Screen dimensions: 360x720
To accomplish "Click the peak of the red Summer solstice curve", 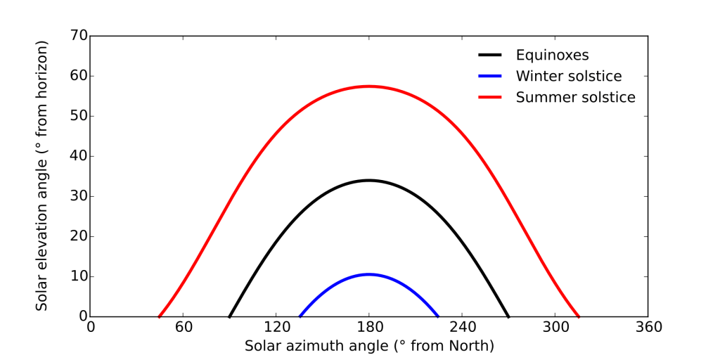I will pyautogui.click(x=369, y=86).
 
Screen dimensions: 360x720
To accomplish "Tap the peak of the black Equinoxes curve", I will pyautogui.click(x=369, y=180).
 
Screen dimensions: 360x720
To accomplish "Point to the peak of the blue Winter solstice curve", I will pyautogui.click(x=369, y=274).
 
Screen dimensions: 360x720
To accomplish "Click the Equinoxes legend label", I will pyautogui.click(x=552, y=55).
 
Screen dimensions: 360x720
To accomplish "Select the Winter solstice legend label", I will pyautogui.click(x=568, y=76).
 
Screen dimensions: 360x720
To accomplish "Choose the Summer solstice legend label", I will pyautogui.click(x=575, y=97).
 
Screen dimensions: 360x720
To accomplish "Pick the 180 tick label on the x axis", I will pyautogui.click(x=369, y=327).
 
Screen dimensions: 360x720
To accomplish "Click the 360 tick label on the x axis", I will pyautogui.click(x=648, y=327).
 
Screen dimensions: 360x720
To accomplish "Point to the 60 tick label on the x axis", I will pyautogui.click(x=184, y=327).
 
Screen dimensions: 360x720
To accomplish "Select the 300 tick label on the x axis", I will pyautogui.click(x=555, y=327).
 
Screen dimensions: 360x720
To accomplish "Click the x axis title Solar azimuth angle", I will pyautogui.click(x=369, y=346).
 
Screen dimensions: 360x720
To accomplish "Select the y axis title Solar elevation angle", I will pyautogui.click(x=42, y=176).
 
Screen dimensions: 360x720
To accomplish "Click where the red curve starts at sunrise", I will pyautogui.click(x=160, y=316).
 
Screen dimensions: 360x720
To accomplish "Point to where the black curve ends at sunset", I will pyautogui.click(x=508, y=316).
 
